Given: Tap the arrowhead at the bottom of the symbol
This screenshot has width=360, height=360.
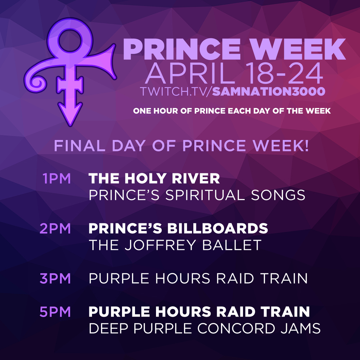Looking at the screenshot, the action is click(x=70, y=114).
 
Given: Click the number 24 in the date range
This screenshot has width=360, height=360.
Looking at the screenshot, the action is click(x=306, y=73).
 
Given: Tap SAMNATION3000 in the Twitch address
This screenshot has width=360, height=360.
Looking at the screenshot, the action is click(x=268, y=91).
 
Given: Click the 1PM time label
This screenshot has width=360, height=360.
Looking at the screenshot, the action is click(x=56, y=179).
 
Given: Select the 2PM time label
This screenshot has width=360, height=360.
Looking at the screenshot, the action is click(x=55, y=228).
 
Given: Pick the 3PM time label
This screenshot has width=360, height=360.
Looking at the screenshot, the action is click(x=55, y=278).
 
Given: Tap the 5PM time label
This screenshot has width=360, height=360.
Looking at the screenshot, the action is click(x=55, y=312).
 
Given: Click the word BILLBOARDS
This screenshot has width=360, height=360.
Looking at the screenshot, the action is click(x=217, y=228).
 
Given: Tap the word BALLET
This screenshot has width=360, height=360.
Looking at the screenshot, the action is click(x=232, y=245).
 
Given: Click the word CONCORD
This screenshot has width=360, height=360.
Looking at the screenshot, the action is click(x=236, y=328).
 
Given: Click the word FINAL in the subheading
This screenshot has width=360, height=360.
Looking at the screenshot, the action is click(x=79, y=146).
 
